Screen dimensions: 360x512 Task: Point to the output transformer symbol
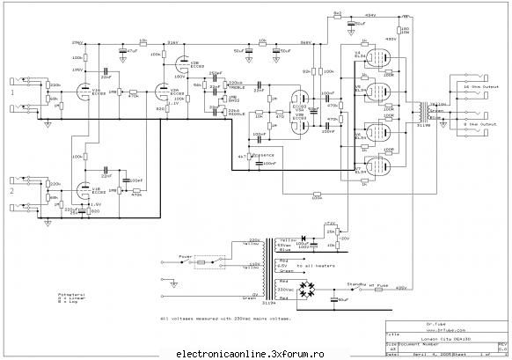[x=428, y=112]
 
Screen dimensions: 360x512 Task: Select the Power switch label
[x=186, y=258]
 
